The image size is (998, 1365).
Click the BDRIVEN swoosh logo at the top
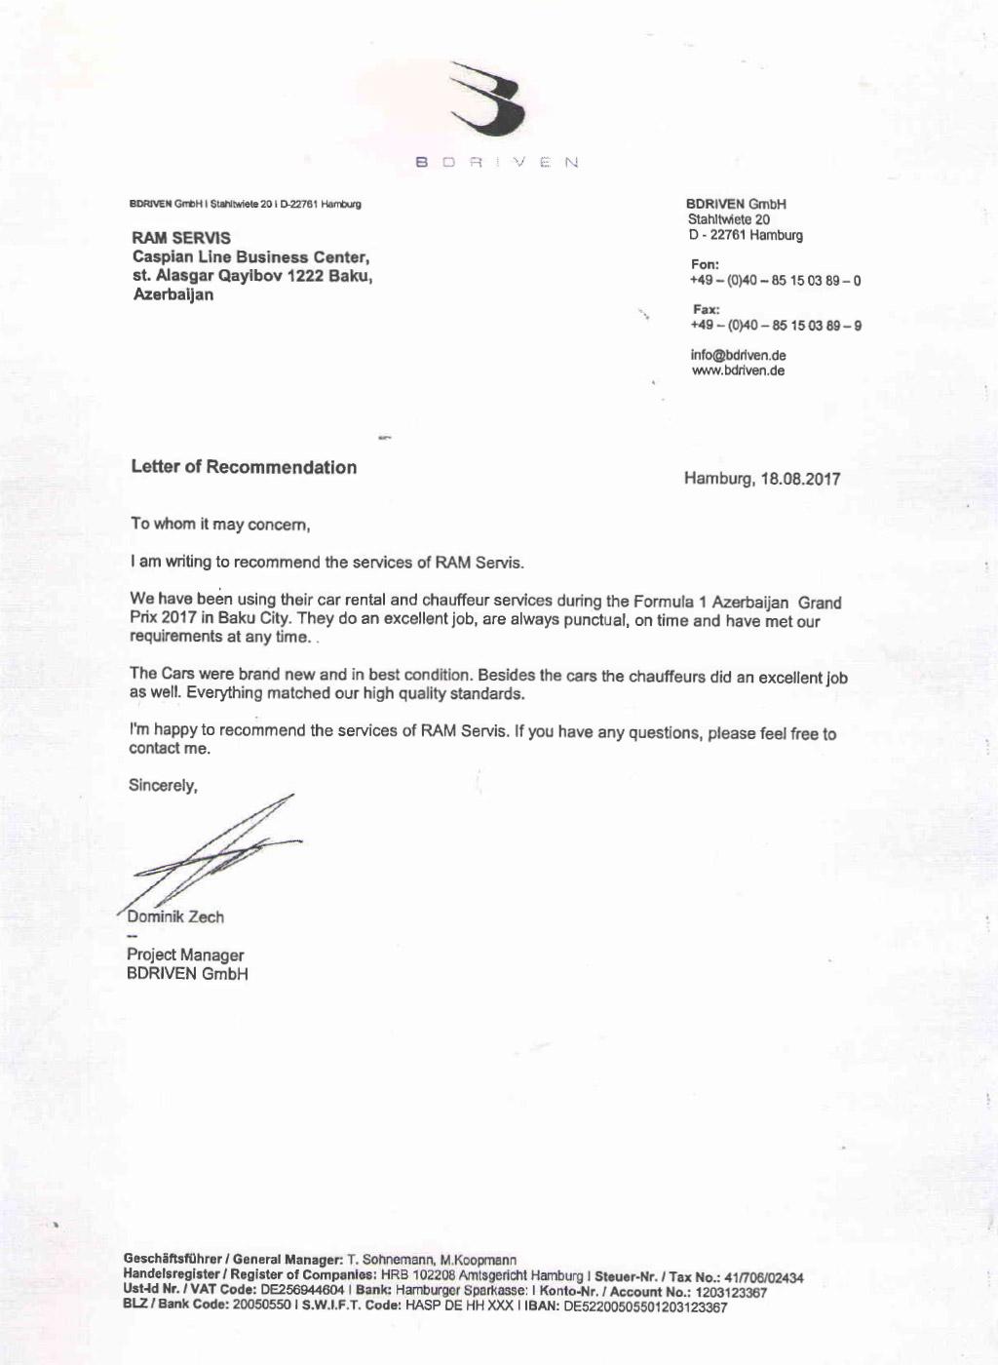pyautogui.click(x=490, y=100)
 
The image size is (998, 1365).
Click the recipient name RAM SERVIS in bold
pyautogui.click(x=181, y=238)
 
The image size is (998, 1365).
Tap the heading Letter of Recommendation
pyautogui.click(x=244, y=467)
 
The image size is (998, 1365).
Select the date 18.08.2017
pyautogui.click(x=800, y=479)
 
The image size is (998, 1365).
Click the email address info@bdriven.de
pyautogui.click(x=738, y=355)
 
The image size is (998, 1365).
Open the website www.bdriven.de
pyautogui.click(x=738, y=370)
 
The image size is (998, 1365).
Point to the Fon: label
pyautogui.click(x=705, y=264)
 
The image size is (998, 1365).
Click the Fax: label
pyautogui.click(x=706, y=310)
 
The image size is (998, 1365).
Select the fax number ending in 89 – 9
pyautogui.click(x=776, y=326)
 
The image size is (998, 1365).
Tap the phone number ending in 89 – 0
pyautogui.click(x=776, y=281)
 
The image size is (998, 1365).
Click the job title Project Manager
pyautogui.click(x=185, y=955)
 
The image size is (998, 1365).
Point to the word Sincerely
pyautogui.click(x=163, y=785)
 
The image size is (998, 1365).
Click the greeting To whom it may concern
pyautogui.click(x=220, y=525)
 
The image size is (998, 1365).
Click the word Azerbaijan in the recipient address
pyautogui.click(x=173, y=294)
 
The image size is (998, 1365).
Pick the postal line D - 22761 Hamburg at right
pyautogui.click(x=745, y=235)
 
